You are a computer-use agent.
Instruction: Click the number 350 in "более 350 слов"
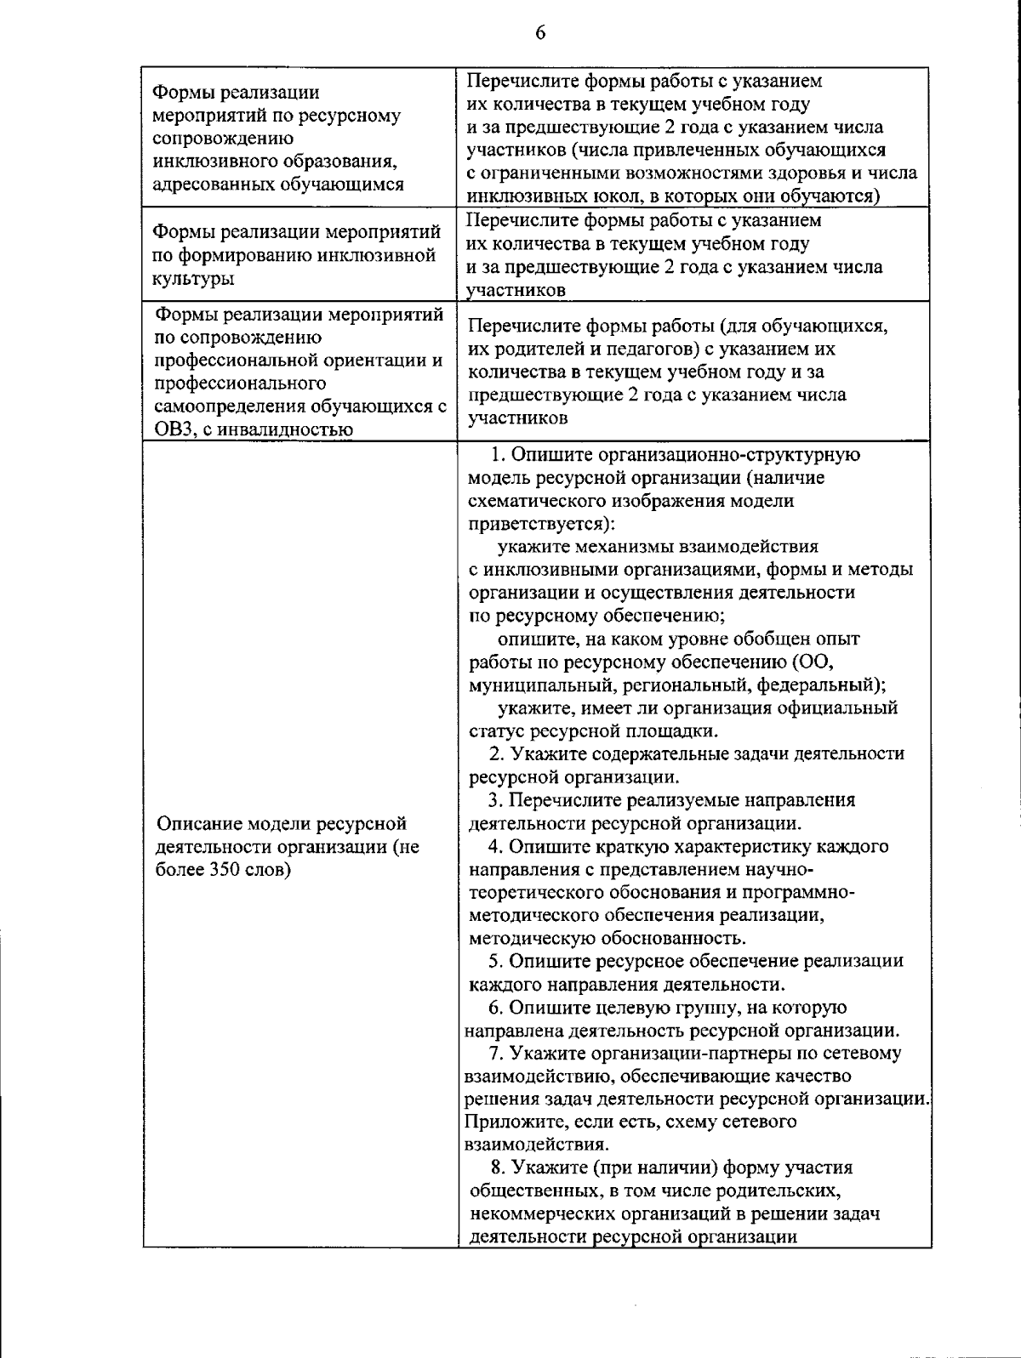(x=224, y=870)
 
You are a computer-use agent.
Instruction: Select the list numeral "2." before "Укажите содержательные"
(x=498, y=753)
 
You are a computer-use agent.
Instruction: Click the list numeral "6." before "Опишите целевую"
(x=496, y=1008)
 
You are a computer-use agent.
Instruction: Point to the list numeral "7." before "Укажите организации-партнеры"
(x=499, y=1054)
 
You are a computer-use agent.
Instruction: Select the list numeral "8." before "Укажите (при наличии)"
(x=499, y=1168)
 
